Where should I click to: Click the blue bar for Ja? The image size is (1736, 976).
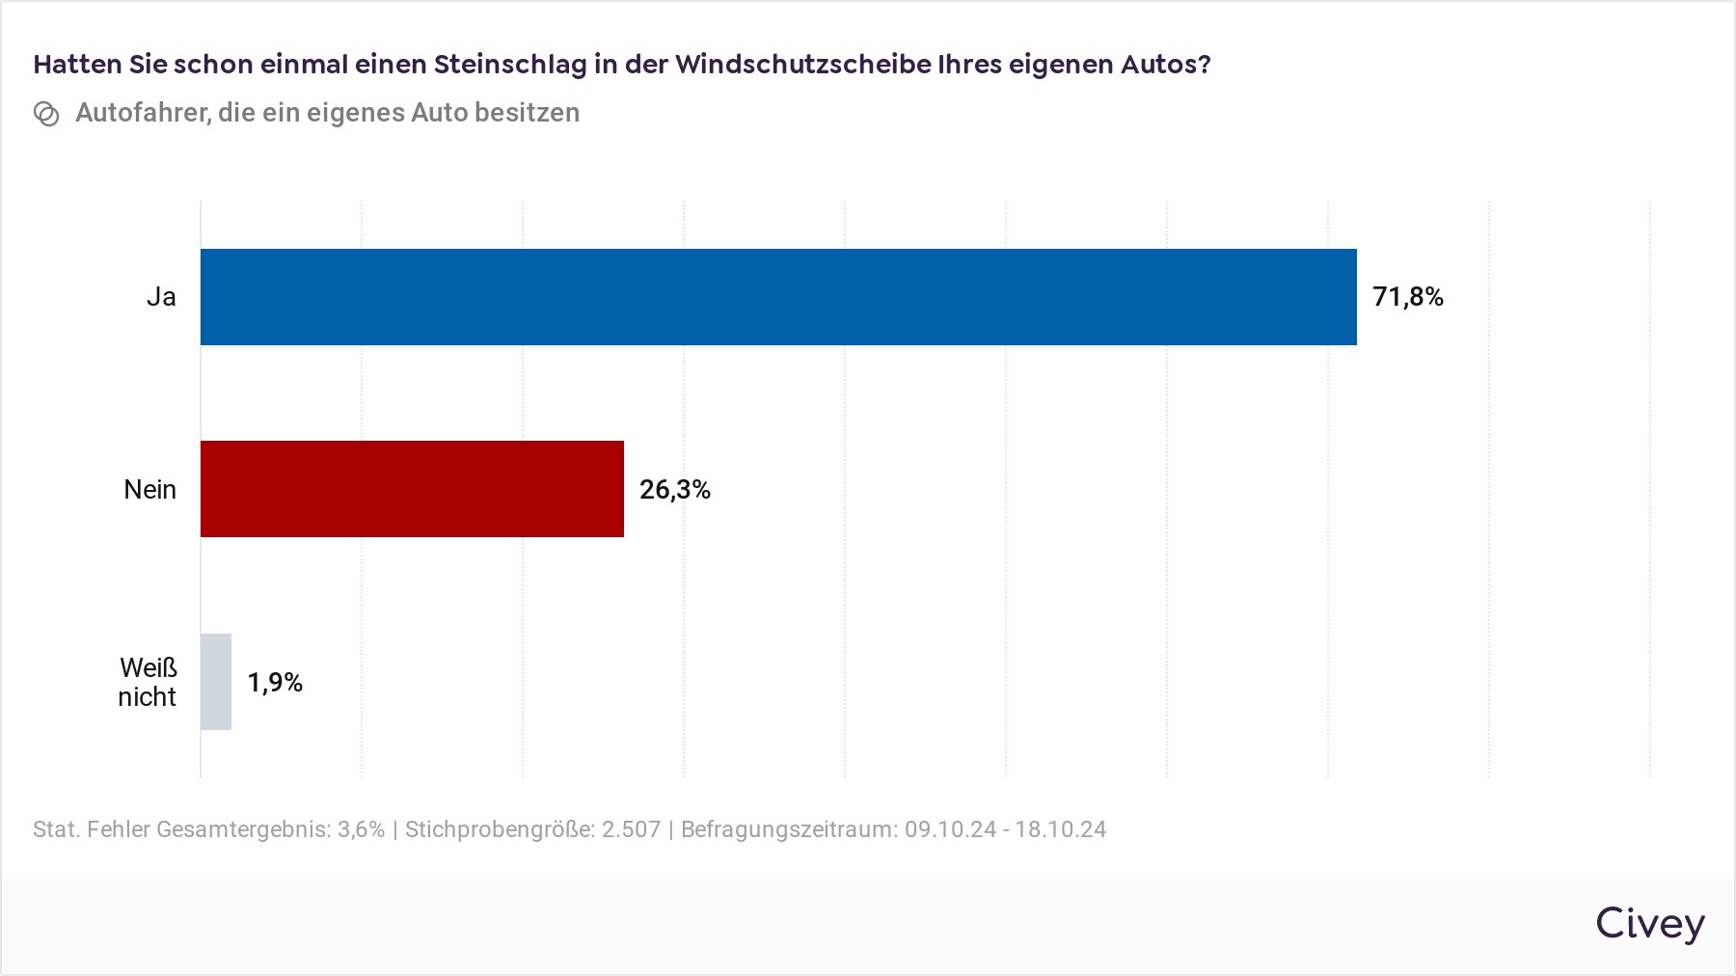click(x=777, y=297)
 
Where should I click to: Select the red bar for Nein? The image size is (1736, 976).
click(x=412, y=489)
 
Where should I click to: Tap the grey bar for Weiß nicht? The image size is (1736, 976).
click(x=216, y=682)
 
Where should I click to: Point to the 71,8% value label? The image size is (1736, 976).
click(x=1407, y=297)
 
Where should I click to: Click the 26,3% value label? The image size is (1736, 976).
click(x=674, y=490)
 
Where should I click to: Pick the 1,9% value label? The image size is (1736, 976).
click(x=275, y=683)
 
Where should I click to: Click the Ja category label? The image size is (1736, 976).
click(x=161, y=297)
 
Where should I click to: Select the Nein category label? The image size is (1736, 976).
click(x=149, y=490)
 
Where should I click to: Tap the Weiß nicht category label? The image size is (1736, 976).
click(x=148, y=682)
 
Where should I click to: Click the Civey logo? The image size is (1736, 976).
click(x=1649, y=924)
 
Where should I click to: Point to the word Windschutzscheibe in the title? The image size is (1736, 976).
click(x=801, y=65)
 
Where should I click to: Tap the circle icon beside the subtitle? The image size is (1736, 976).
click(x=46, y=114)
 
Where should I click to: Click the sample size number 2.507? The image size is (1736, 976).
click(x=631, y=829)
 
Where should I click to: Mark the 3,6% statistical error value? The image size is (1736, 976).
click(x=361, y=829)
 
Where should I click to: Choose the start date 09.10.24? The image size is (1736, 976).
click(x=950, y=829)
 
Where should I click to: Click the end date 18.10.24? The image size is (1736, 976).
click(x=1060, y=829)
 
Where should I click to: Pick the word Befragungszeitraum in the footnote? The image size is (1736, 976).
click(x=789, y=829)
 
